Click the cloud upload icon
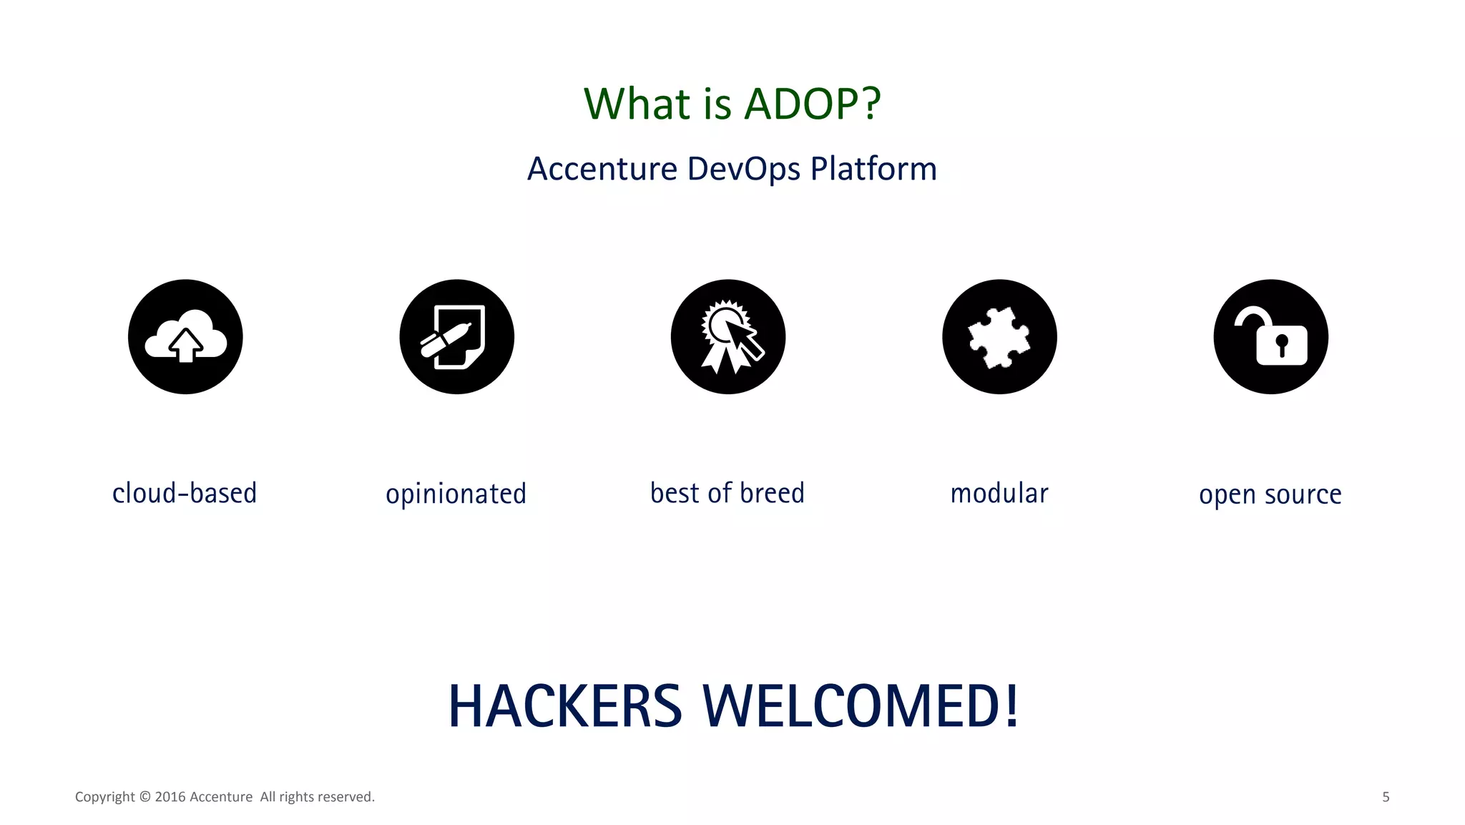coord(185,336)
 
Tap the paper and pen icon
coord(456,336)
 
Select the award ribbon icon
coord(728,336)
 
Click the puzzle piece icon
coord(999,336)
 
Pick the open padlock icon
coord(1270,336)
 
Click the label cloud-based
coord(185,493)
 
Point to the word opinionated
coord(456,494)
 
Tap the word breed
coord(772,493)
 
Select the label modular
coord(999,493)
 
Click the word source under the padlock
coord(1303,494)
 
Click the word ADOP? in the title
coord(813,104)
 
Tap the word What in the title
coord(637,104)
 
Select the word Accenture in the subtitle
coord(602,170)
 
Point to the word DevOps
coord(744,170)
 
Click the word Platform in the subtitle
coord(873,170)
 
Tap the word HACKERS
coord(565,706)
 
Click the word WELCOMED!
coord(861,706)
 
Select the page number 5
coord(1386,797)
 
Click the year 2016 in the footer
coord(170,797)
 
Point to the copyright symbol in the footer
coord(144,797)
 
